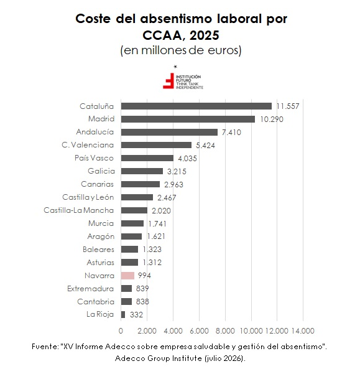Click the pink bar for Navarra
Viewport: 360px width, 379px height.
click(127, 276)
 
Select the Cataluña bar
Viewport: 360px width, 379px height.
click(196, 106)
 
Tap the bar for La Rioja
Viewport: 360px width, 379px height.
click(123, 314)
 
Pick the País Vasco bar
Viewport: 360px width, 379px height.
click(147, 158)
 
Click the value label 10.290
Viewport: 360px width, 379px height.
click(272, 119)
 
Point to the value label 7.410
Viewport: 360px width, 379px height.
click(231, 132)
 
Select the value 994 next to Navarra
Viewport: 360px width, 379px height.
click(144, 276)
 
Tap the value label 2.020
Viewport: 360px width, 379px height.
click(161, 211)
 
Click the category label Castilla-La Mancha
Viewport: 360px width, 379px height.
click(79, 210)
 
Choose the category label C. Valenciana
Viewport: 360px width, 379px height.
click(88, 145)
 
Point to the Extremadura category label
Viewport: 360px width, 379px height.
click(91, 289)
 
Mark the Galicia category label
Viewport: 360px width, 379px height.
click(101, 171)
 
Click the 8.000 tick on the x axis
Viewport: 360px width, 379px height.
click(225, 330)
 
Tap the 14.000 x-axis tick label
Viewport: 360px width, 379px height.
click(303, 330)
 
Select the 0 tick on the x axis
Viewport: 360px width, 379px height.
click(121, 330)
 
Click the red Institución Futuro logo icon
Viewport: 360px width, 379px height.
click(168, 81)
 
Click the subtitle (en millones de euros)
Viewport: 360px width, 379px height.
click(181, 50)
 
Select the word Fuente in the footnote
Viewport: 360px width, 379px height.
click(44, 347)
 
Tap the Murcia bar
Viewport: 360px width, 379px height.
click(132, 223)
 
